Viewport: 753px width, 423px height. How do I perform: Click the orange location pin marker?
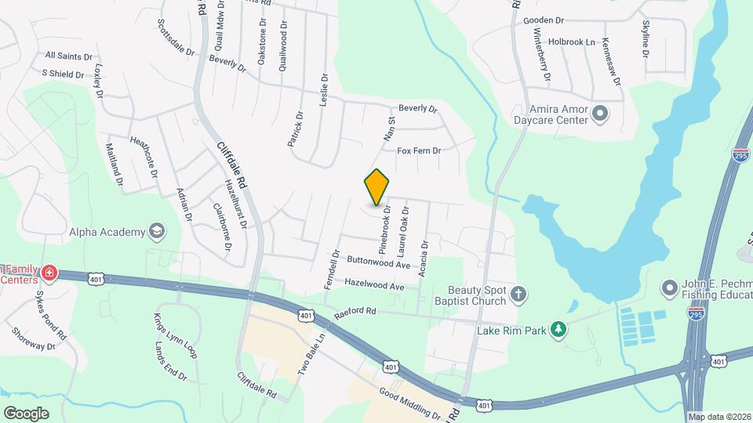point(377,186)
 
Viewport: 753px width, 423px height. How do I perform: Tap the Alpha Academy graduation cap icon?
point(157,231)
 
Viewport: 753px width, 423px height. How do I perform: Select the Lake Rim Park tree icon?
point(558,330)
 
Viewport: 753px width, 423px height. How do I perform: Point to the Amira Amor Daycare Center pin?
point(600,114)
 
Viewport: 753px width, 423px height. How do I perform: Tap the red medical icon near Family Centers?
point(50,273)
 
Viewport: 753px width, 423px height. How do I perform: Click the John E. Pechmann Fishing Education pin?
point(670,287)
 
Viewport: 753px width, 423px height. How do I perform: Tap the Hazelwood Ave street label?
point(375,285)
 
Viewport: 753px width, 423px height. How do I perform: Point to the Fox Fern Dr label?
point(419,150)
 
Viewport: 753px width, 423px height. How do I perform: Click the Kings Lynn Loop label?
point(175,336)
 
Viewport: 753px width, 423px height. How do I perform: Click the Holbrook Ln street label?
point(572,42)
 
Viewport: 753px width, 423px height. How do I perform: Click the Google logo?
point(26,413)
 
